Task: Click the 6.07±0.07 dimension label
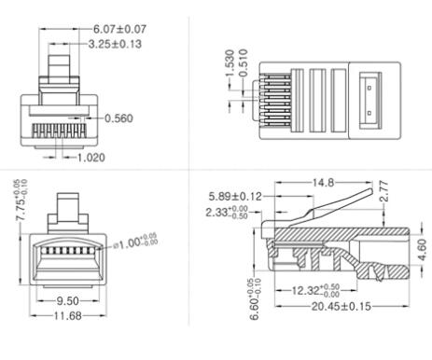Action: click(118, 29)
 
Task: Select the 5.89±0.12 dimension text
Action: click(236, 196)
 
